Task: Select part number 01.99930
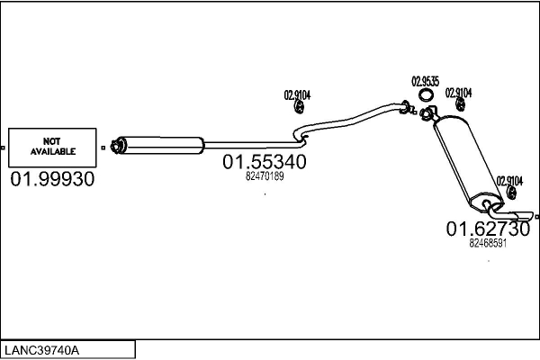coord(52,179)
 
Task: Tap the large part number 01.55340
coord(265,162)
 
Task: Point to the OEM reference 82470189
coord(265,176)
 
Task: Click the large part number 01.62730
coord(488,229)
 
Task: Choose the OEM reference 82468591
coord(488,242)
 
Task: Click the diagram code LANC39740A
coord(40,349)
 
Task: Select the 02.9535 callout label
coord(426,81)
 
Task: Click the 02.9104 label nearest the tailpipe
coord(509,181)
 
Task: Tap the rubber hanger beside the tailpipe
coord(511,195)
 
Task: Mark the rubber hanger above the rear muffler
coord(460,109)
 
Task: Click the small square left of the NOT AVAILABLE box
coord(4,147)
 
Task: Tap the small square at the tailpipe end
coord(535,217)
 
